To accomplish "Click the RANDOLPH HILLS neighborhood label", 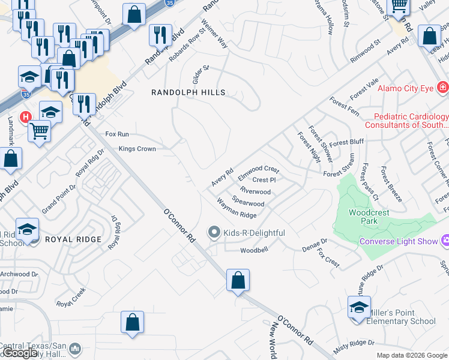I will [x=188, y=92].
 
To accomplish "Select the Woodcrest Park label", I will [x=369, y=217].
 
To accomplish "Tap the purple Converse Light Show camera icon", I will [x=445, y=241].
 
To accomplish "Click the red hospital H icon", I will [x=26, y=116].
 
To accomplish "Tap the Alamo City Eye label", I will [x=406, y=88].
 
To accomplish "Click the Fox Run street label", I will [x=117, y=134].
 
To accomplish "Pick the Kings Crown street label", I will [x=137, y=149].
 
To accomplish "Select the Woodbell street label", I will [x=253, y=250].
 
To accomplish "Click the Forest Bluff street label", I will [x=346, y=142].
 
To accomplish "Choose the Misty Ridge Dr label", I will [x=354, y=343].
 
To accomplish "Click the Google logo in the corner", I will [x=20, y=353].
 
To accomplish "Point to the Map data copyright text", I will [x=411, y=355].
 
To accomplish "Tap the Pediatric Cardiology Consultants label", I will [x=411, y=121].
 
